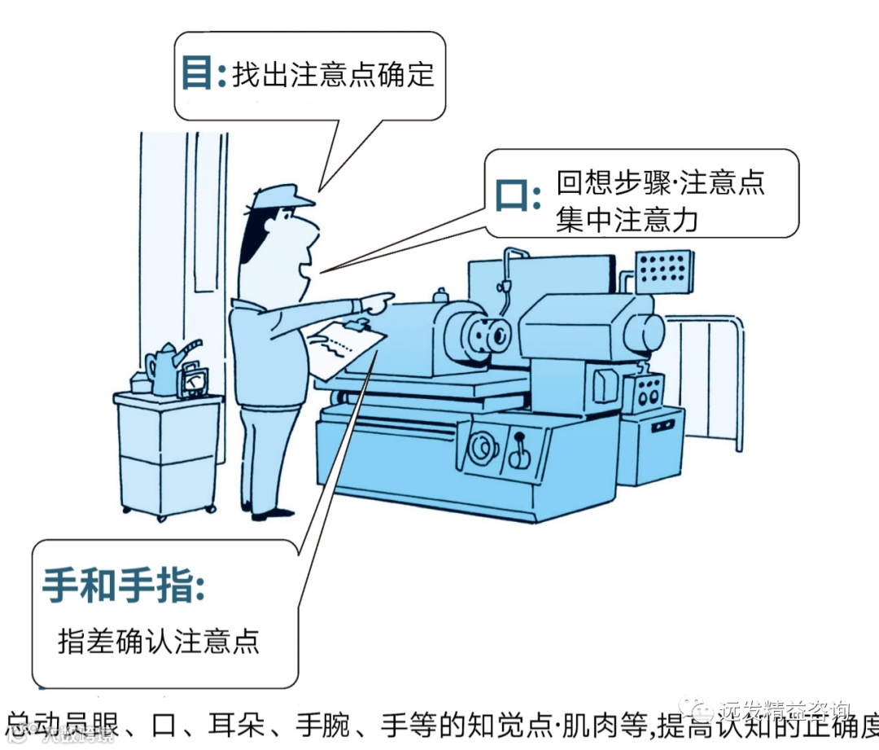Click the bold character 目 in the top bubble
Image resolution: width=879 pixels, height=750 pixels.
[195, 74]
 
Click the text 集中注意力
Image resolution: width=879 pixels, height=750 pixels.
[627, 220]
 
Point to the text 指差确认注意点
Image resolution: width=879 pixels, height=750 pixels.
[159, 641]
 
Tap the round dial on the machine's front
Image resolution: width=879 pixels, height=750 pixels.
[481, 448]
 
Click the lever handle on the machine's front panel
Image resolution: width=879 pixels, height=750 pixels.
[518, 452]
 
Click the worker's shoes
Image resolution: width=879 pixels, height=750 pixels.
[269, 513]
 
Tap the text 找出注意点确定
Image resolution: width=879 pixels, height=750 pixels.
[333, 75]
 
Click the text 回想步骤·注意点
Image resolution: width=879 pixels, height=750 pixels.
[660, 182]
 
